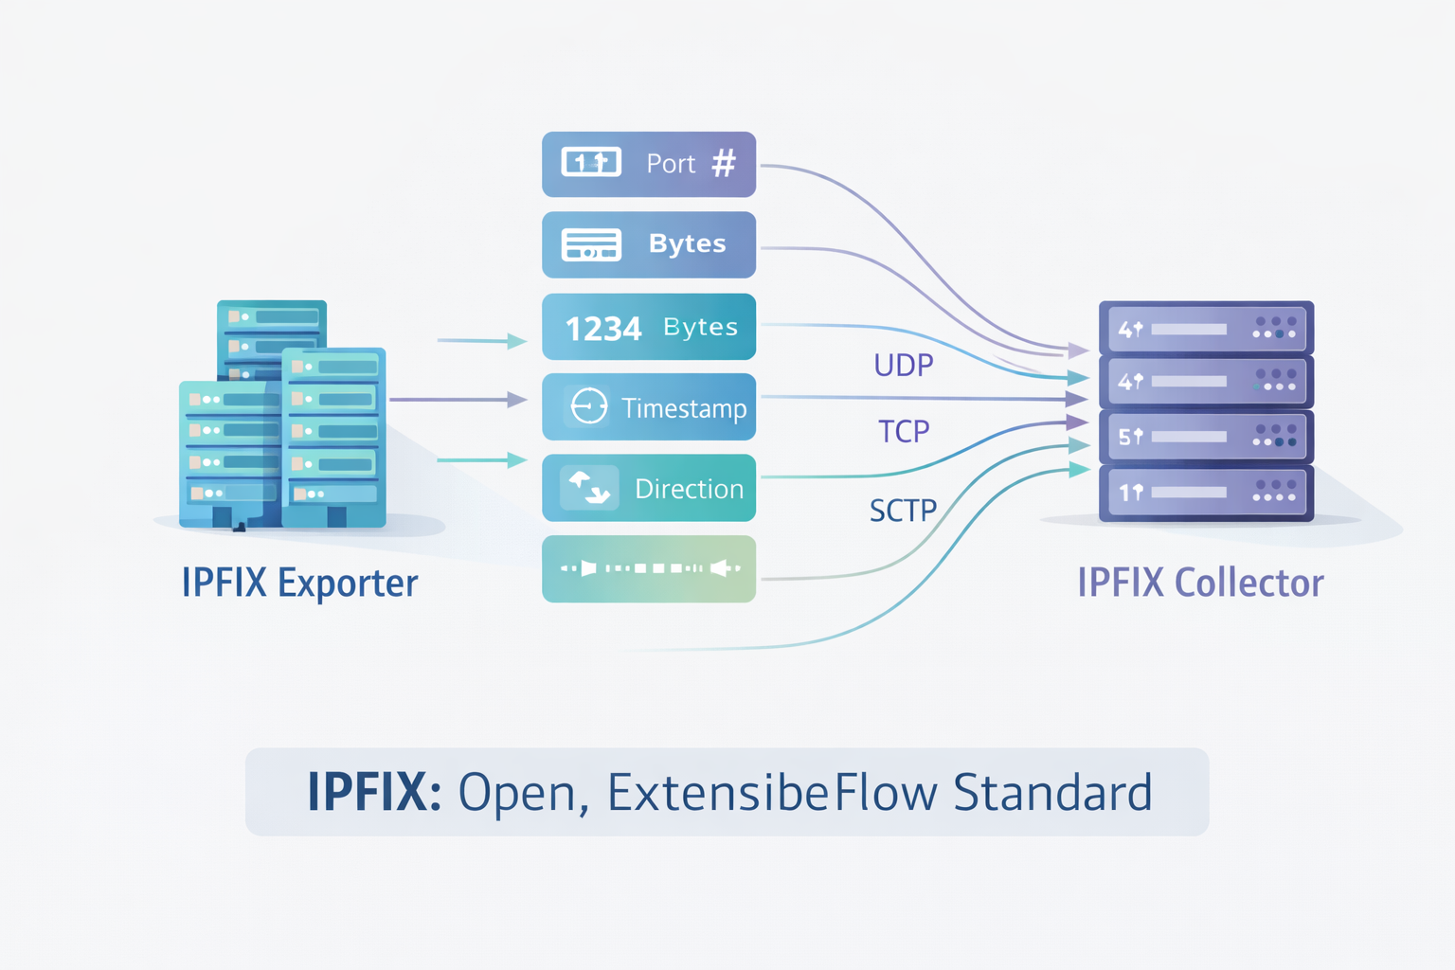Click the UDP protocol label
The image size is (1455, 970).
point(904,365)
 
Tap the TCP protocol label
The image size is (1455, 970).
point(904,432)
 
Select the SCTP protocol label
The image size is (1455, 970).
point(903,512)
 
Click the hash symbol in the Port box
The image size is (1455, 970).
point(724,164)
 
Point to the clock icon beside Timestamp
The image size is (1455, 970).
point(589,406)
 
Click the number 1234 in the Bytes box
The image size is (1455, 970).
point(603,329)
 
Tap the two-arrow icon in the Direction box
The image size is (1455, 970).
point(589,488)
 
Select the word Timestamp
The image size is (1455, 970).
point(684,408)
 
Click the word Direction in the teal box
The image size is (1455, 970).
point(689,489)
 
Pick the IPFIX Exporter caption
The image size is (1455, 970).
point(299,583)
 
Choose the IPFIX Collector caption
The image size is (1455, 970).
point(1200,583)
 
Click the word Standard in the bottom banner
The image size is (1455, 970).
point(1052,793)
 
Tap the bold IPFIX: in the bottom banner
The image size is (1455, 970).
point(374,793)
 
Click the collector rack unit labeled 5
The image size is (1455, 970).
point(1206,437)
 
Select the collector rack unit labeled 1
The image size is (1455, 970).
point(1206,493)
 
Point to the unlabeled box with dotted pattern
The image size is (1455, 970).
point(649,568)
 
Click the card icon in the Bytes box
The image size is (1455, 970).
point(591,244)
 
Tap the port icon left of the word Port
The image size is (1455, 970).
point(591,163)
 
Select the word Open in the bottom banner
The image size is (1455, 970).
point(517,793)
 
